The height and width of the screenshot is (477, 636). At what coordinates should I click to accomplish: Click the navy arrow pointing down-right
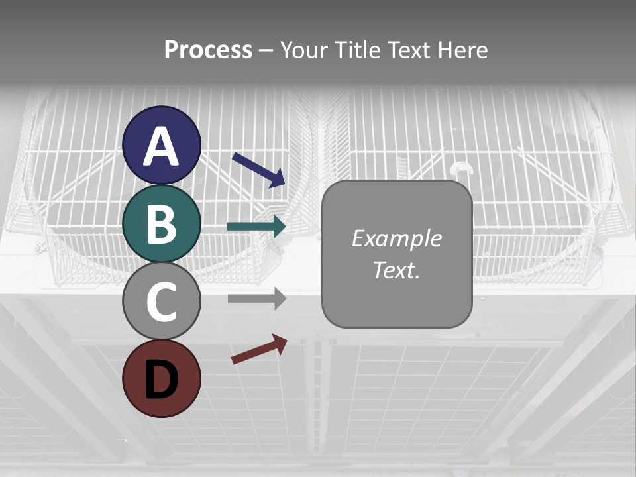pos(258,170)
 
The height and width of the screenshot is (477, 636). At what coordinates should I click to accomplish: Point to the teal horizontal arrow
pos(256,227)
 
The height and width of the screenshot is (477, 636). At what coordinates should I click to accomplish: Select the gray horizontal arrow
pos(256,298)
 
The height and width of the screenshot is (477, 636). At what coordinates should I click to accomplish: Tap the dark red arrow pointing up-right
pos(259,349)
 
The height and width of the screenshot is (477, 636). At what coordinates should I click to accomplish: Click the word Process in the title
pos(208,50)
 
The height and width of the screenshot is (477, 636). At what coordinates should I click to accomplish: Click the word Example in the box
pos(396,238)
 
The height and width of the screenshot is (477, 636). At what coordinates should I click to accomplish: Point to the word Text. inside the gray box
pos(396,270)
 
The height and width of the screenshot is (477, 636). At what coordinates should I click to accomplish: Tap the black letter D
pos(162,380)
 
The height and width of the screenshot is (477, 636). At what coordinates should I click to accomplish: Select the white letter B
pos(162,224)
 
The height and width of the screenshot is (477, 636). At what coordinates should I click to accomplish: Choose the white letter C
pos(162,301)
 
